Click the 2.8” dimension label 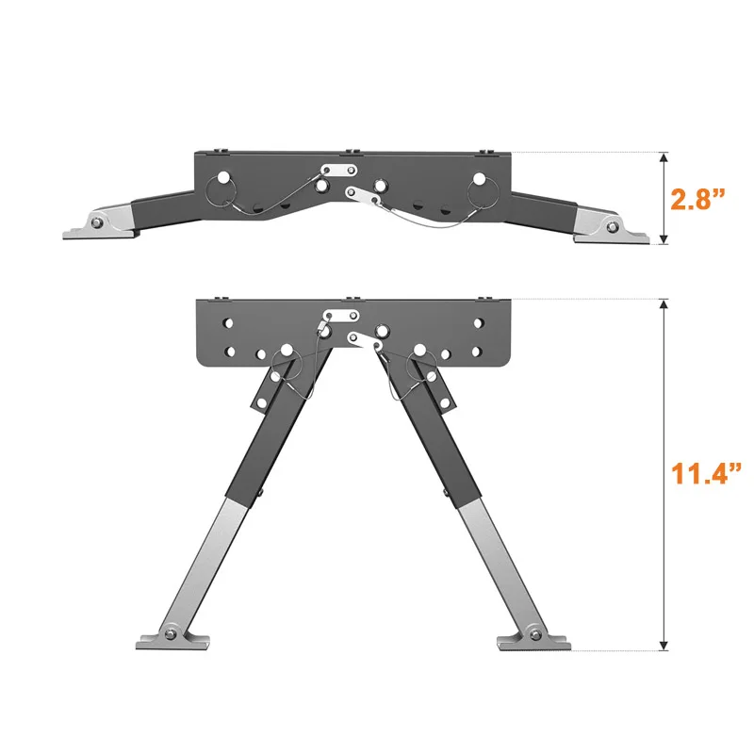[697, 198]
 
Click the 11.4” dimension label [706, 473]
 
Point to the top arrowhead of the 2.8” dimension [664, 157]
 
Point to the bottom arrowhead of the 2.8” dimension [664, 239]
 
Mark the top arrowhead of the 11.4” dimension [664, 304]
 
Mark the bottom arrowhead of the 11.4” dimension [664, 645]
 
